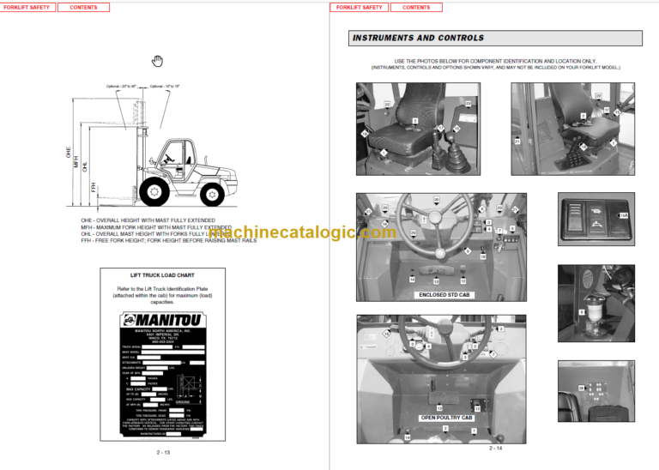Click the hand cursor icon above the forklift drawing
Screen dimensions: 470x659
(x=157, y=60)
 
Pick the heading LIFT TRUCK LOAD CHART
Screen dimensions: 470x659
(x=162, y=275)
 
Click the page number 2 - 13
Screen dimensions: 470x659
(x=163, y=452)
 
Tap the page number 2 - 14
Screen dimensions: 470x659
(x=496, y=449)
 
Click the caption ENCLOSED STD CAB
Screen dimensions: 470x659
(x=441, y=295)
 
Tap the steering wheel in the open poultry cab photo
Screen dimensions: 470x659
(x=436, y=337)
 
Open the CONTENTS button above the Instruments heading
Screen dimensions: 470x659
(x=416, y=7)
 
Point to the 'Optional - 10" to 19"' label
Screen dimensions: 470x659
(x=166, y=86)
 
